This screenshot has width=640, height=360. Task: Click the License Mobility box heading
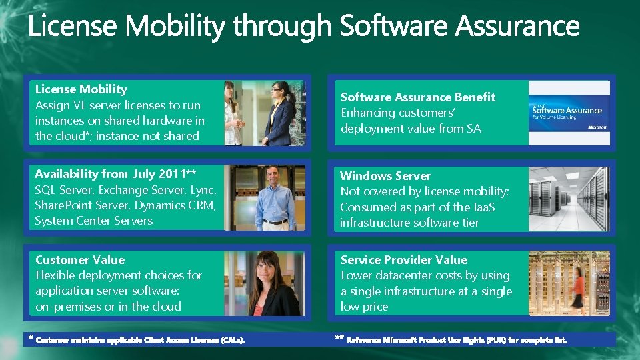81,89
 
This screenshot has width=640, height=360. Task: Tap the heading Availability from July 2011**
115,174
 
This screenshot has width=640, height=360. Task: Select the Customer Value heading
79,260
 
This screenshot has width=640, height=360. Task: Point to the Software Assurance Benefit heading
418,97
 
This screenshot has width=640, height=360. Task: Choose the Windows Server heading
385,176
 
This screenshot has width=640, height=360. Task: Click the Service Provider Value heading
404,260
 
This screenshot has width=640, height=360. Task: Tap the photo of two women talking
265,113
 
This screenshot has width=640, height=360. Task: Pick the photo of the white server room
569,199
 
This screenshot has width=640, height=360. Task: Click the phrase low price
365,307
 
